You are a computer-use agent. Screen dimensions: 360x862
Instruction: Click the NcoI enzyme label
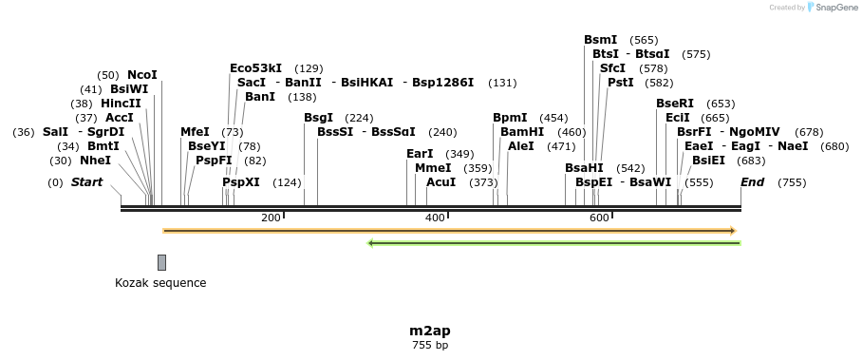click(x=142, y=75)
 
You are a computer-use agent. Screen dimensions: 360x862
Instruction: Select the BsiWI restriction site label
click(x=129, y=89)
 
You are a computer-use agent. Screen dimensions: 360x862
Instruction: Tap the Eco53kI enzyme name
click(x=256, y=68)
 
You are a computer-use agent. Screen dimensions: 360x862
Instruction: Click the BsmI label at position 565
click(x=601, y=40)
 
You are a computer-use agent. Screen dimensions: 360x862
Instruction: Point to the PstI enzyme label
click(x=621, y=83)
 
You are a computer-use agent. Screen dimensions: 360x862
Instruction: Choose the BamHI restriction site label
click(x=522, y=132)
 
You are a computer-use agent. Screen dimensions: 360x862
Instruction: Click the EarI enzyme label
click(x=420, y=154)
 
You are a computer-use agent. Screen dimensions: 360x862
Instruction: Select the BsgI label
click(x=319, y=118)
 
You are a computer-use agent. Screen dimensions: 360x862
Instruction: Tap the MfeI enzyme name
click(x=195, y=132)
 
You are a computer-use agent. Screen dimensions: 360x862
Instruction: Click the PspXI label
click(x=241, y=182)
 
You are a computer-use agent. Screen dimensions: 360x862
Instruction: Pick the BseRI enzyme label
click(x=675, y=104)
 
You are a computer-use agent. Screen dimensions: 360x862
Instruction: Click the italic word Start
click(x=86, y=182)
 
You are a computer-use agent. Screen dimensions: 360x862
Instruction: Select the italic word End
click(x=753, y=182)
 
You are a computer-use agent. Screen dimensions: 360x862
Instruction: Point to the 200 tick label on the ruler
click(x=271, y=218)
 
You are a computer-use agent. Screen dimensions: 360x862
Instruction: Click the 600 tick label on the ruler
click(x=599, y=218)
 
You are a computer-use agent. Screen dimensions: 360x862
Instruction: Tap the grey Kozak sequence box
click(x=162, y=262)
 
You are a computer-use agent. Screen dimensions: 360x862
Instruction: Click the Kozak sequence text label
click(x=160, y=283)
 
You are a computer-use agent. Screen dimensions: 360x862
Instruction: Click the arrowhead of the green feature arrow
click(x=371, y=243)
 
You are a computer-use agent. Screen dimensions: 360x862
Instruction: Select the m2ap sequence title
click(x=430, y=331)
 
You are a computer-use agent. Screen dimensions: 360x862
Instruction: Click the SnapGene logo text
click(x=835, y=8)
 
